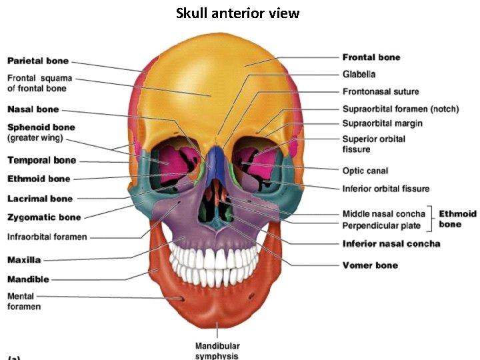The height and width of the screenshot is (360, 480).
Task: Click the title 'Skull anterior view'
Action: point(237,13)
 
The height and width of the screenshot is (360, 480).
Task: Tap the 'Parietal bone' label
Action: point(37,61)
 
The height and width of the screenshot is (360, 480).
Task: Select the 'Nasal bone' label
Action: point(33,109)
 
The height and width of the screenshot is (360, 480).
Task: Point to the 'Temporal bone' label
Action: point(41,161)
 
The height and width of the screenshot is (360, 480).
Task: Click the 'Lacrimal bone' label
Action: point(40,199)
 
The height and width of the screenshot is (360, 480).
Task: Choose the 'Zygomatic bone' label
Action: point(44,217)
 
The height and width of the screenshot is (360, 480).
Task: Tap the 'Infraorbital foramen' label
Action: point(47,237)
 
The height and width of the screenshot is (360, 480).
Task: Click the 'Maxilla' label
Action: point(24,259)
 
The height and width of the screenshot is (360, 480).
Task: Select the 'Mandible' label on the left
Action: point(28,279)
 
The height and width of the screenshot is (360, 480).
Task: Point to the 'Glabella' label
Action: point(359,74)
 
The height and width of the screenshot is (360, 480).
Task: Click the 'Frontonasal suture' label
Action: point(381,91)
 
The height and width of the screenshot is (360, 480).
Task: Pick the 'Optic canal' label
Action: point(365,171)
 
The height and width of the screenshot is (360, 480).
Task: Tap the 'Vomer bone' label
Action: point(370,265)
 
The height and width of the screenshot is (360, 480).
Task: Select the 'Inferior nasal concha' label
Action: point(391,243)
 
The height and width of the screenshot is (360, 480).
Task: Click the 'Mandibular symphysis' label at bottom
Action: point(217,351)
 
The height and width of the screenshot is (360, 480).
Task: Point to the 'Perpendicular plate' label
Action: point(381,226)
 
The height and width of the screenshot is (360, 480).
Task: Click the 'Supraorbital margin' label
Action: point(382,123)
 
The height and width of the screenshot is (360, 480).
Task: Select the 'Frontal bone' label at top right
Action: point(371,57)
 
